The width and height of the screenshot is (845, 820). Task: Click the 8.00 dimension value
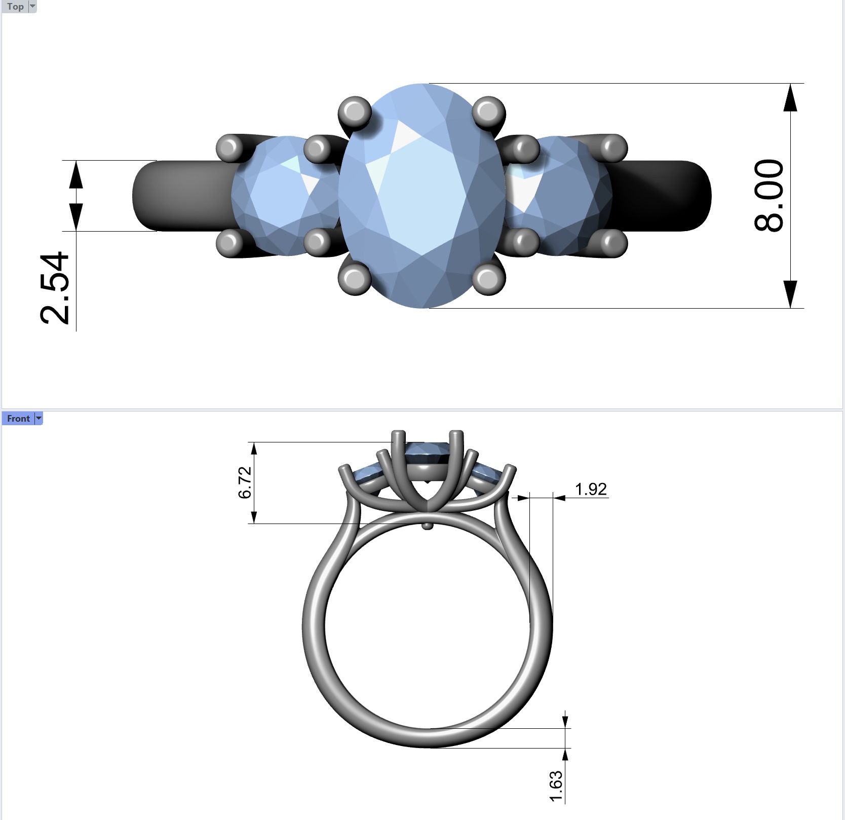point(769,196)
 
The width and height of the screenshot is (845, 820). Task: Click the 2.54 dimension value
point(54,287)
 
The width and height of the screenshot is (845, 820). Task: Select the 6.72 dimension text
point(245,482)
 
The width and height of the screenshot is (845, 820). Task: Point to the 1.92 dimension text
point(590,489)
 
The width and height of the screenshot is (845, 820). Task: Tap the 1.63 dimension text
point(556,786)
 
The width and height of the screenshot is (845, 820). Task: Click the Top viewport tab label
point(15,7)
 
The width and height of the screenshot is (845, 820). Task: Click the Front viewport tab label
point(18,419)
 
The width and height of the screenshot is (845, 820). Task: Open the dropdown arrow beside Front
point(39,419)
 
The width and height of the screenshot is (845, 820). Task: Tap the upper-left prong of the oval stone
point(355,111)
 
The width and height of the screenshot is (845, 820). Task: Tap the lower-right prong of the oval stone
point(489,278)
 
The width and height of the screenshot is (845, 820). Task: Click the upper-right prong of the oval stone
point(488,111)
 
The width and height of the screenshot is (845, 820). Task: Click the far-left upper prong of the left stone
point(229,148)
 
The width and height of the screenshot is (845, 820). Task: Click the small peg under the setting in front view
point(428,526)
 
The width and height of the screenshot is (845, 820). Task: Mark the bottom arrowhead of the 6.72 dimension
point(254,516)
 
